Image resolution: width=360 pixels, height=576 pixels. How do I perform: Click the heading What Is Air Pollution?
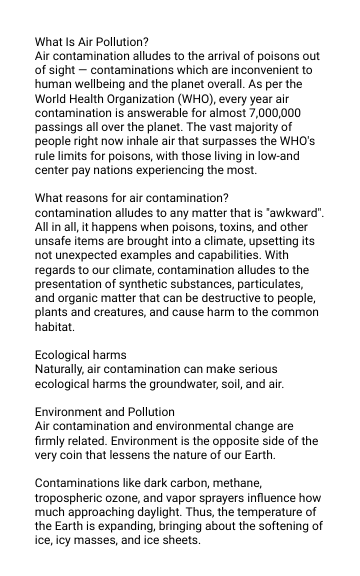click(92, 43)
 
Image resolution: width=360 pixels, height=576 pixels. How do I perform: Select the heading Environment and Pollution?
click(105, 410)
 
